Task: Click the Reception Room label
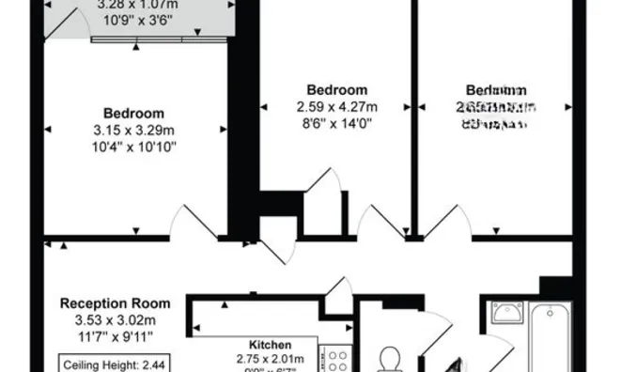[x=116, y=303]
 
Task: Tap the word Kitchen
[x=270, y=345]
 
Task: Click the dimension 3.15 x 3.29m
[x=140, y=131]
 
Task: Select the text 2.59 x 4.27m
[x=337, y=105]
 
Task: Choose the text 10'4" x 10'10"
[x=140, y=147]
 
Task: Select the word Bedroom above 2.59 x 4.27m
[x=337, y=90]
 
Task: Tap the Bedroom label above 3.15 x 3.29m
[x=140, y=115]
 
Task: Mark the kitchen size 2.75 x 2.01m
[x=269, y=359]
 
